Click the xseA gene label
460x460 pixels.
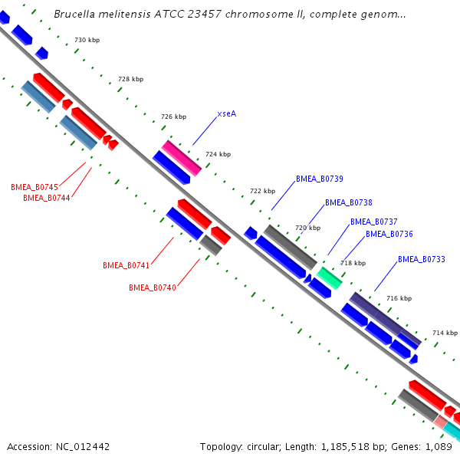[226, 113]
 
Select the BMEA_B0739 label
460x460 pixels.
[319, 179]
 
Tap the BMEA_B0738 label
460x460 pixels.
[348, 202]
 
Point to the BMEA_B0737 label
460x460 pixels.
[373, 222]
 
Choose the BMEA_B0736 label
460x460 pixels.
[389, 234]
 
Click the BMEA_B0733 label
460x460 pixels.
[421, 259]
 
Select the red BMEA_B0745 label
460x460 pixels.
[34, 187]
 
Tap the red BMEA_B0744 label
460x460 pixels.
[47, 197]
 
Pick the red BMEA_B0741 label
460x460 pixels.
[126, 265]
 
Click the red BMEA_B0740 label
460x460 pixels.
[152, 287]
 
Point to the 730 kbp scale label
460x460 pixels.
[87, 40]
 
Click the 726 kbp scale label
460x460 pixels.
[173, 117]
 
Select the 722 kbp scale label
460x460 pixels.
[262, 191]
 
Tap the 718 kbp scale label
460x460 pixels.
[353, 263]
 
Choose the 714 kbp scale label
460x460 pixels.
[445, 333]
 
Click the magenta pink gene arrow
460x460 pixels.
[181, 158]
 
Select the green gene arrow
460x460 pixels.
[329, 278]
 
